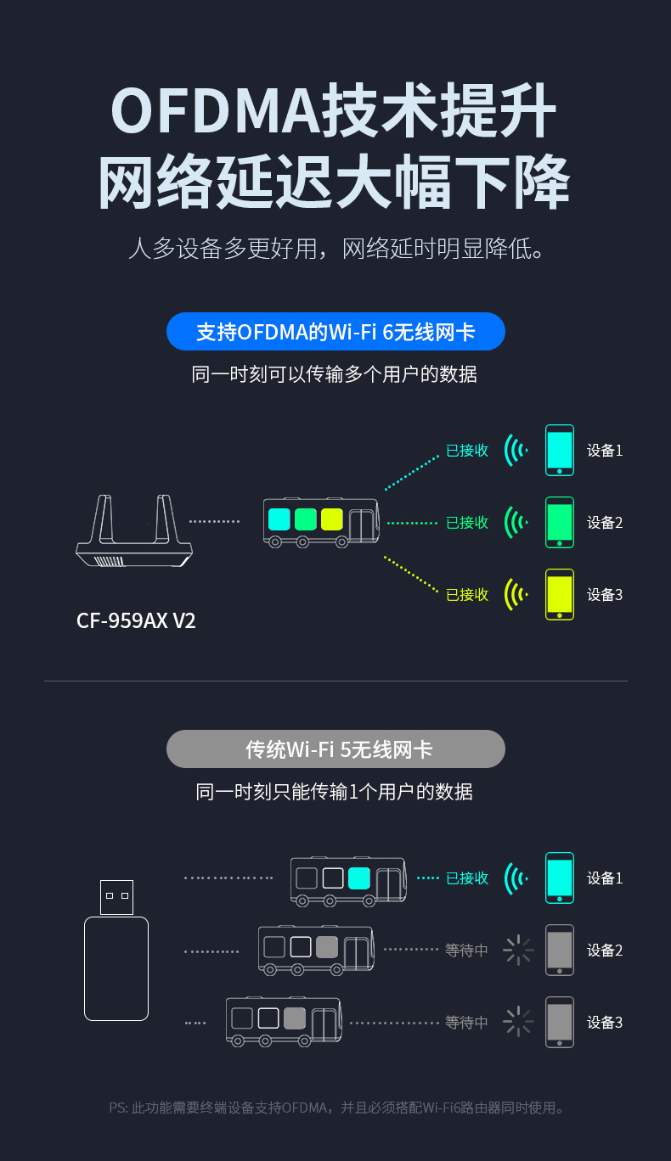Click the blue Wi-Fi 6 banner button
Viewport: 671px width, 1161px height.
point(335,331)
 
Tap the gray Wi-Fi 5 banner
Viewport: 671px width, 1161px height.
point(335,749)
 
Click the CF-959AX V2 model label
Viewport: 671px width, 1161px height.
point(136,620)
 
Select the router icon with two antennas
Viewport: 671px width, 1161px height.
point(134,530)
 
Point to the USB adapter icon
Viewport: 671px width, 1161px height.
point(116,950)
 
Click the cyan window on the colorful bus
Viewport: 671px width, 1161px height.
point(279,519)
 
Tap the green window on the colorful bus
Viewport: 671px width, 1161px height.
point(306,519)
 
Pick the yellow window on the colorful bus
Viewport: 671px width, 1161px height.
point(332,519)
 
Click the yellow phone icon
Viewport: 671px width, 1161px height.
point(560,594)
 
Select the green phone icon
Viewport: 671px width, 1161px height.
point(560,523)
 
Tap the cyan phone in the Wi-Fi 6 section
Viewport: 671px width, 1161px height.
point(560,451)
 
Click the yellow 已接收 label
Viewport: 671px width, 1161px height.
point(467,594)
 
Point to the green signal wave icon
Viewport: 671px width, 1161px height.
point(516,523)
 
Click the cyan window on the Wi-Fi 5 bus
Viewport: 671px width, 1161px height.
point(358,878)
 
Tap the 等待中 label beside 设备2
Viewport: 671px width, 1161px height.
point(466,950)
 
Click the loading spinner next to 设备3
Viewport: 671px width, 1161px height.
point(518,1022)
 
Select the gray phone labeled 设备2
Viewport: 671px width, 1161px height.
point(560,950)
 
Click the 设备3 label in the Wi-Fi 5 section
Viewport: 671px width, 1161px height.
point(605,1022)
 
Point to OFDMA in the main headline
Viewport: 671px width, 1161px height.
point(217,110)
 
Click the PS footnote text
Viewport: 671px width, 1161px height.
point(336,1108)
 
